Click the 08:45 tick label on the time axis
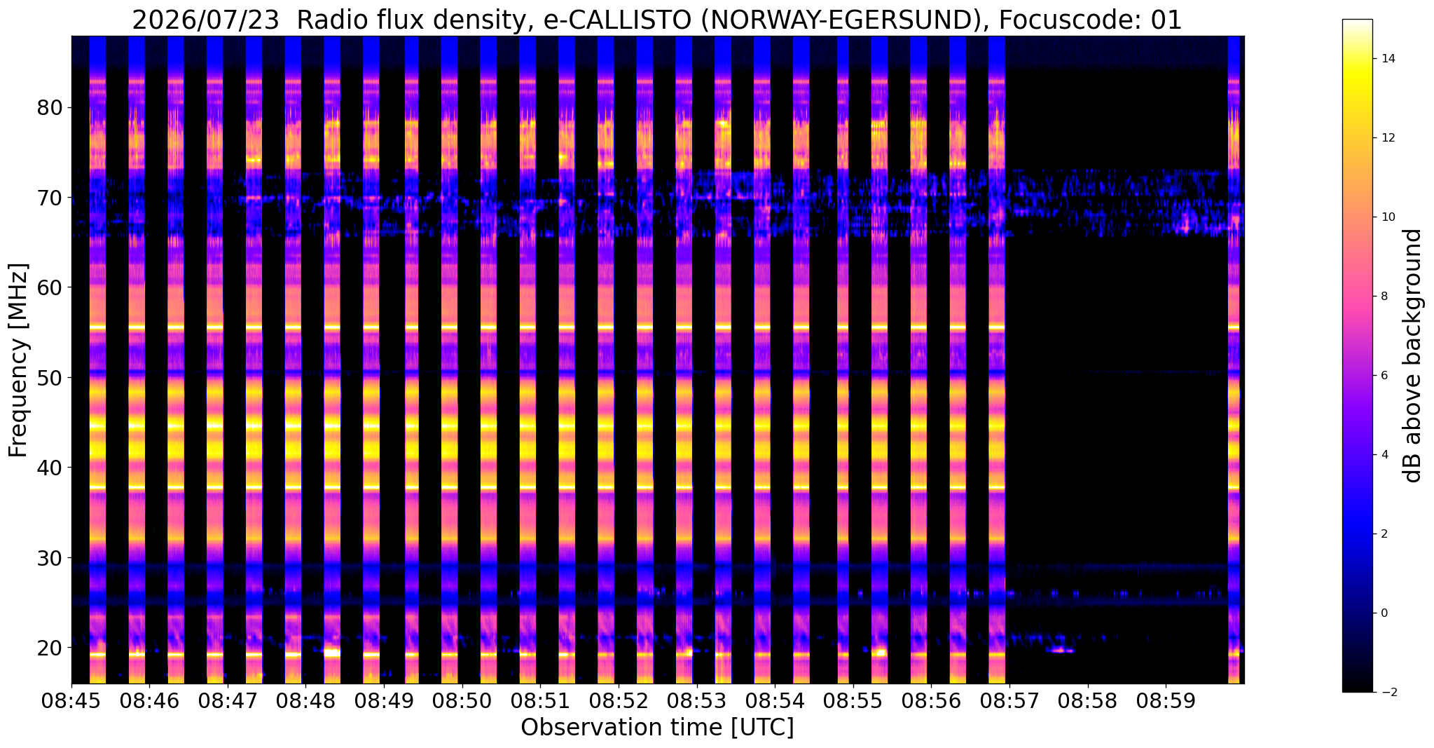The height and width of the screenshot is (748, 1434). [x=71, y=701]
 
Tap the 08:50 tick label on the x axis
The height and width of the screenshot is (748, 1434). [x=462, y=701]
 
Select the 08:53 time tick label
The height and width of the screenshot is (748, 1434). [x=696, y=701]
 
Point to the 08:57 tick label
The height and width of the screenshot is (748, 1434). [x=1008, y=701]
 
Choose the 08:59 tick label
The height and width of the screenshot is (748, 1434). [x=1165, y=701]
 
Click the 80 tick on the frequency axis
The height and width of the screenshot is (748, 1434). [x=50, y=108]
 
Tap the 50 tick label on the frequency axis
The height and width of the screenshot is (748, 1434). [x=50, y=378]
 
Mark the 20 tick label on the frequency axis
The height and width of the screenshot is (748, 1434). [x=50, y=648]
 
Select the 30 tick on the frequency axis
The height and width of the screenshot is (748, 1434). [x=50, y=558]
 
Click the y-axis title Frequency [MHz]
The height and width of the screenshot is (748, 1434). [x=18, y=360]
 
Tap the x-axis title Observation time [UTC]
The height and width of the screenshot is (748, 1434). [x=657, y=728]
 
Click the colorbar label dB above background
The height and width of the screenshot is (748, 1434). [x=1413, y=355]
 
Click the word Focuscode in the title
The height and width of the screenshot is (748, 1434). [x=1070, y=21]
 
